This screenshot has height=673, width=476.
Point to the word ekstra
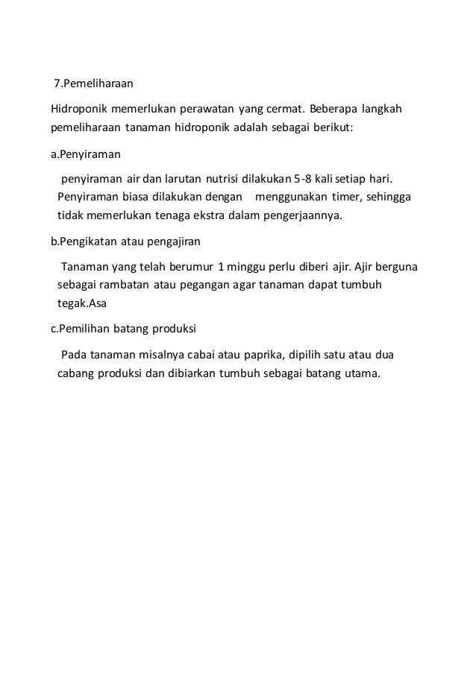click(x=216, y=216)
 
